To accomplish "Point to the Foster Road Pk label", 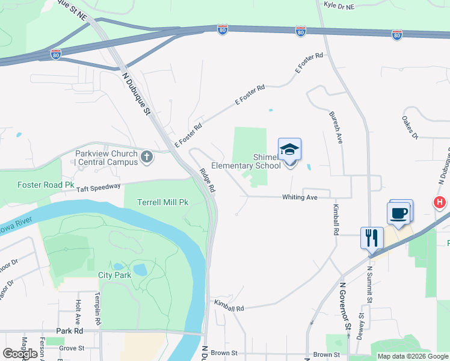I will coord(46,185).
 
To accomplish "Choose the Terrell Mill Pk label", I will coord(163,202).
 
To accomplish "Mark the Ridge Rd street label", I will coord(208,180).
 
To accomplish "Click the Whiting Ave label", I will coord(299,197).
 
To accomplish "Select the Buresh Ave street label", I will coord(336,126).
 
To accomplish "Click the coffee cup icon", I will coord(400,212).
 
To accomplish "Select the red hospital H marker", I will coord(440,203).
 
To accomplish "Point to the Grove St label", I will coord(72,348).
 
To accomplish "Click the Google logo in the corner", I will coord(20,354).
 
